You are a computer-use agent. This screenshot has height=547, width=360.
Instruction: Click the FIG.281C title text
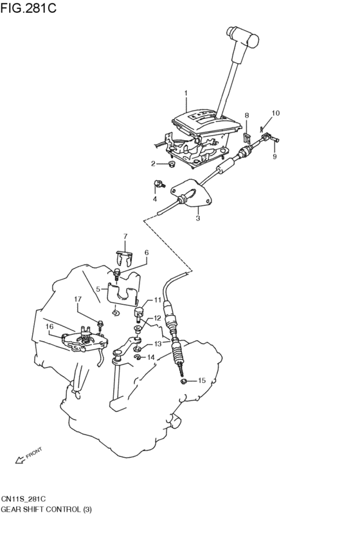pos(28,8)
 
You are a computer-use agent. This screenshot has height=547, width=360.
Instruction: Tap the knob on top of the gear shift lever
pos(242,36)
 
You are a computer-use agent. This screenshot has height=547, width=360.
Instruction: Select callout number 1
pos(186,93)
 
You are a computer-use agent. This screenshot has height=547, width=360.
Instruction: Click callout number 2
pos(153,164)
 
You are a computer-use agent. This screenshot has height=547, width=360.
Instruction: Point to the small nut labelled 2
pos(171,164)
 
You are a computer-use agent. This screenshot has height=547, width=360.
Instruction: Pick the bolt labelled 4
pos(159,183)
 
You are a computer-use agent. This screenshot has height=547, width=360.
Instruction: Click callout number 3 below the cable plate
pos(198,219)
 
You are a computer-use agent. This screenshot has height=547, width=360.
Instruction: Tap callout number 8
pos(247,115)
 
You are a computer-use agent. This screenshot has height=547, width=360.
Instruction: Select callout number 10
pos(276,113)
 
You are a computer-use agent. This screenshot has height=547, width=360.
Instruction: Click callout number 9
pos(274,157)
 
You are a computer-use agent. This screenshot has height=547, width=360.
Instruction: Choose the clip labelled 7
pos(124,259)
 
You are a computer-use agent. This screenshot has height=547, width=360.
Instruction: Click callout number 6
pos(147,252)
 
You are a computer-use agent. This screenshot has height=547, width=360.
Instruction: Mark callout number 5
pos(98,289)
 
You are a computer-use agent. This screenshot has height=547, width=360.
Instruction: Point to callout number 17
pos(78,299)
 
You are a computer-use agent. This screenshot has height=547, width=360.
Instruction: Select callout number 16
pos(50,326)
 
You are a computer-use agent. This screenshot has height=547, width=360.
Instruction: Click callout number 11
pos(157,300)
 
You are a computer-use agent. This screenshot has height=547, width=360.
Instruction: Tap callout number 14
pos(150,357)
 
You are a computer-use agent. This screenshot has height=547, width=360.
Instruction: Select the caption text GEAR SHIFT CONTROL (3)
pos(46,509)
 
